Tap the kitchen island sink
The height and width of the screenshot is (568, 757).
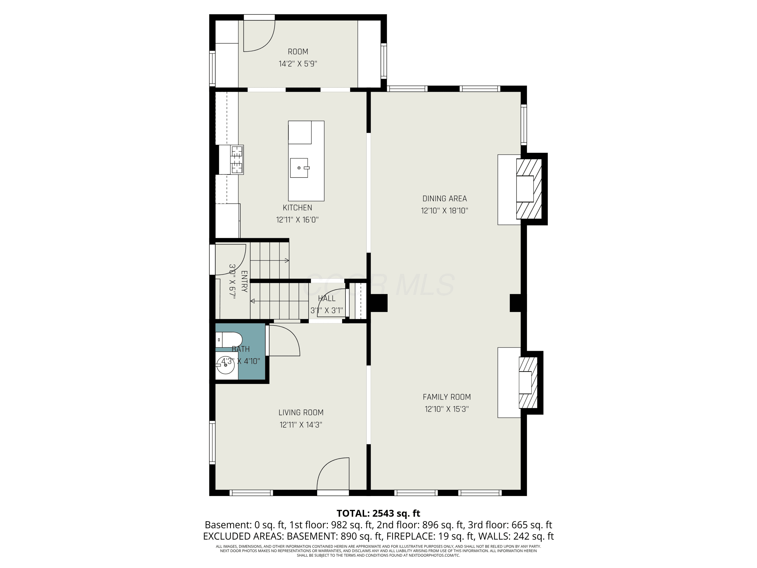[299, 168]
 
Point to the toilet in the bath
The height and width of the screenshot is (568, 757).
[229, 340]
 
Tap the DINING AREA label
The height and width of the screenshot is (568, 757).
[445, 199]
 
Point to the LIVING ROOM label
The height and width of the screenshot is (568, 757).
[301, 412]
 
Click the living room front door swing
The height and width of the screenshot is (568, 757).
[333, 474]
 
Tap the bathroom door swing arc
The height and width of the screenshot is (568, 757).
[284, 340]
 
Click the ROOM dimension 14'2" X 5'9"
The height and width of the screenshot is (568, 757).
[298, 64]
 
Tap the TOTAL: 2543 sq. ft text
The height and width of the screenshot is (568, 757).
[379, 513]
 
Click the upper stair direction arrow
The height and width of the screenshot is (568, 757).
[270, 261]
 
